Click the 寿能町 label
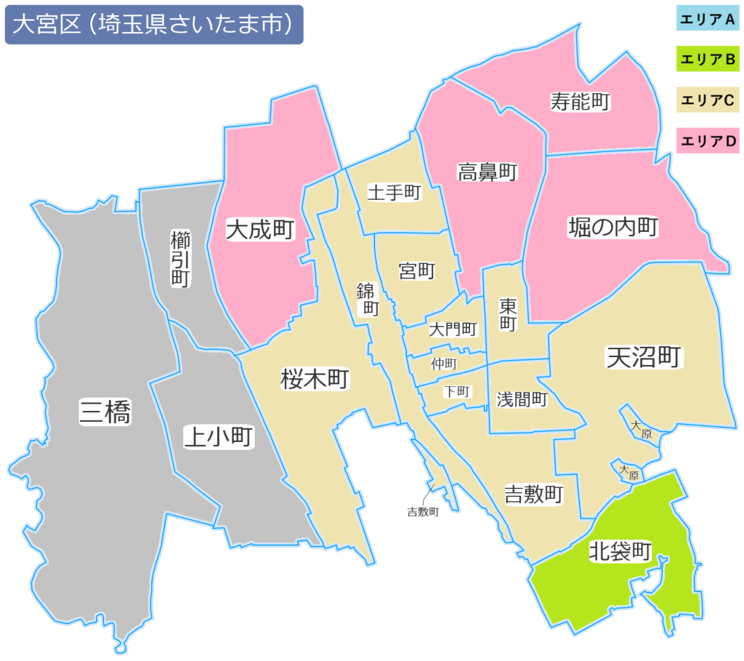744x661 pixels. click(x=580, y=102)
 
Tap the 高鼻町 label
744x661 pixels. click(x=487, y=172)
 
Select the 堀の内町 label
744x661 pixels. click(x=612, y=228)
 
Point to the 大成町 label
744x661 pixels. click(x=259, y=231)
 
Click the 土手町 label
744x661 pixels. click(x=395, y=193)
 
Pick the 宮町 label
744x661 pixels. click(x=417, y=271)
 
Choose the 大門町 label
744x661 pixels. click(x=453, y=329)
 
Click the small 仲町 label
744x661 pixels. click(x=444, y=362)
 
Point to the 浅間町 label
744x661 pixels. click(x=522, y=399)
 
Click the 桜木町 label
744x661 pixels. click(x=315, y=379)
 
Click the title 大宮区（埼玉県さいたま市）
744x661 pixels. click(x=153, y=25)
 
